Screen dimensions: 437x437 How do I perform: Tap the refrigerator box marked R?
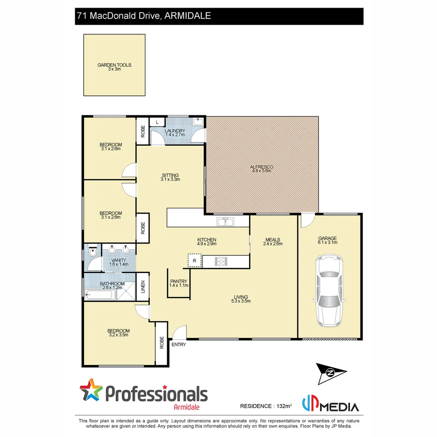point(194,261)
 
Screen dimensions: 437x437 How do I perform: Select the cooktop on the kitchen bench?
point(221,261)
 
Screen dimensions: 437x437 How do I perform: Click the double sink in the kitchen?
point(225,221)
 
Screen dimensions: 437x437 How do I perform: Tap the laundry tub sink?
point(198,122)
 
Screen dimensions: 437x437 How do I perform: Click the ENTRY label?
point(179,345)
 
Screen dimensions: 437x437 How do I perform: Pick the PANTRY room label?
point(178,281)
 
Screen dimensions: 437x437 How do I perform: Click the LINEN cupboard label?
point(142,287)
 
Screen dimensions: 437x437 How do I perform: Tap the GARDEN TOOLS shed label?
point(115,65)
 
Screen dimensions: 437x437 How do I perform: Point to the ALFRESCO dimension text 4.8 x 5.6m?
point(261,171)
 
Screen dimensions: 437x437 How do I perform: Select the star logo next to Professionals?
point(91,390)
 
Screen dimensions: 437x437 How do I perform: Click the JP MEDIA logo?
point(331,405)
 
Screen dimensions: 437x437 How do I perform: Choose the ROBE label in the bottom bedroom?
point(161,343)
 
